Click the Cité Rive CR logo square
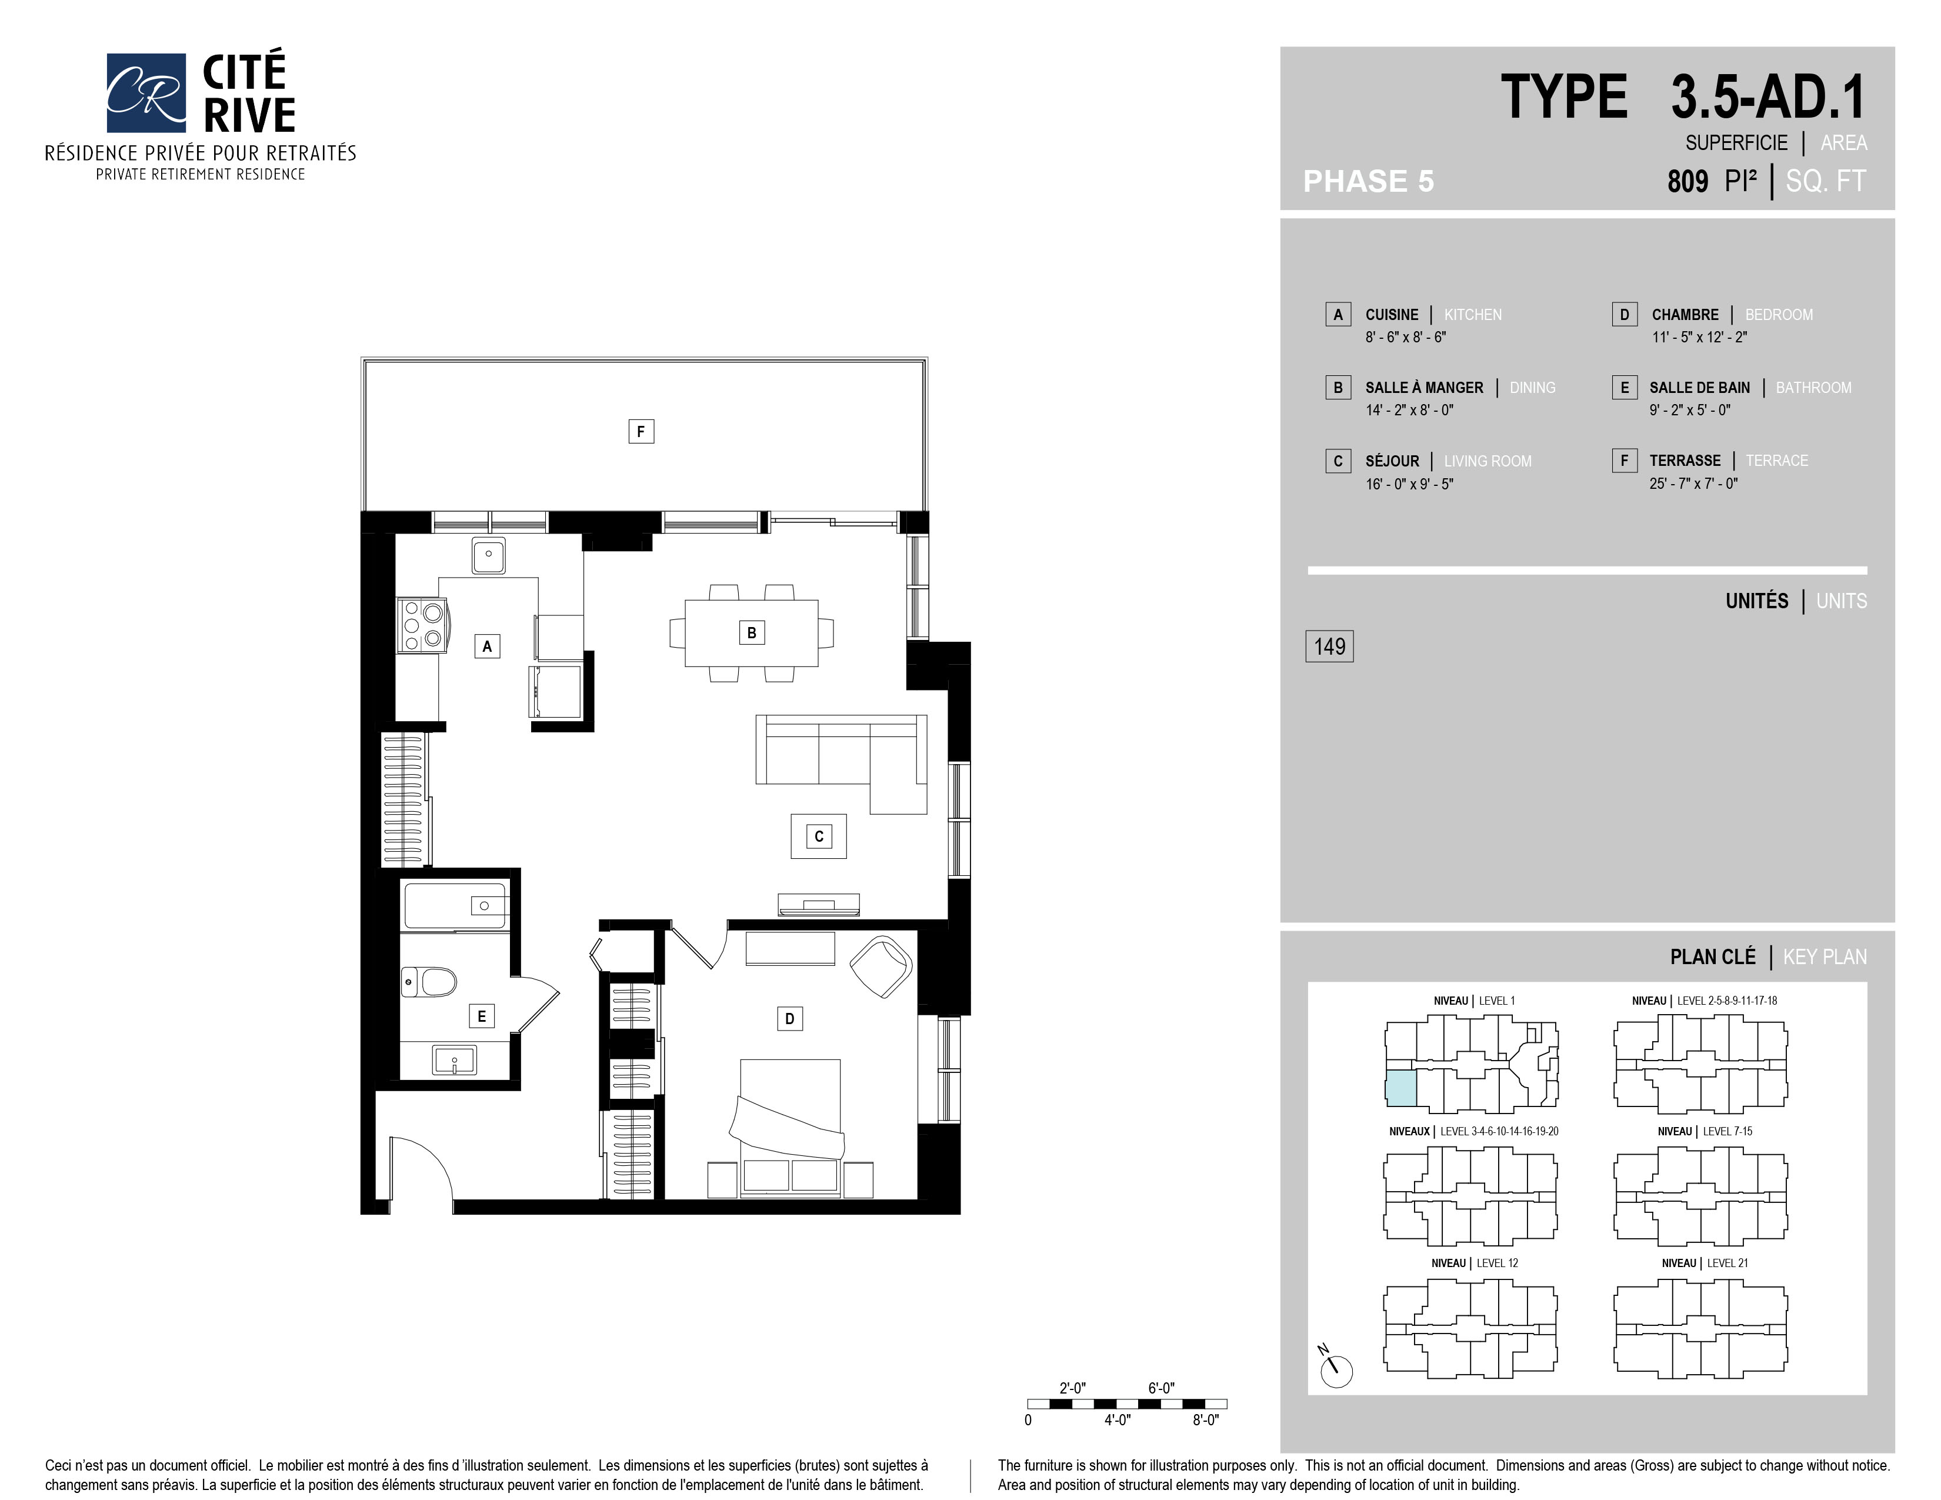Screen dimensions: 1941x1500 click(x=146, y=92)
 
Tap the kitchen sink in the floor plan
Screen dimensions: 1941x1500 click(x=489, y=555)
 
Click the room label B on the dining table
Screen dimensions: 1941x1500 click(x=752, y=633)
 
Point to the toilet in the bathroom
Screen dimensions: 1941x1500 click(x=428, y=982)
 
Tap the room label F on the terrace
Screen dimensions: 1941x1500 click(x=641, y=432)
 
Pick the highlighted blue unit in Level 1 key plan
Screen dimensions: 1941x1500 click(x=1402, y=1089)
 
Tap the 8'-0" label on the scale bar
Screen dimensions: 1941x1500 click(x=1206, y=1420)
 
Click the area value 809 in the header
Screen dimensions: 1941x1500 click(x=1687, y=181)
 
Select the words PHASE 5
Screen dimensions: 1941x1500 click(x=1369, y=181)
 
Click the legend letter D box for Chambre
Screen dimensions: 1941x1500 click(x=1625, y=315)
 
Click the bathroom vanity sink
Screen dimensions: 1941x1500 click(x=454, y=1060)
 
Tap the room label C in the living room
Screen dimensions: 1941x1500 click(x=819, y=836)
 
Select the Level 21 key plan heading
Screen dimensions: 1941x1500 click(x=1705, y=1263)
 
